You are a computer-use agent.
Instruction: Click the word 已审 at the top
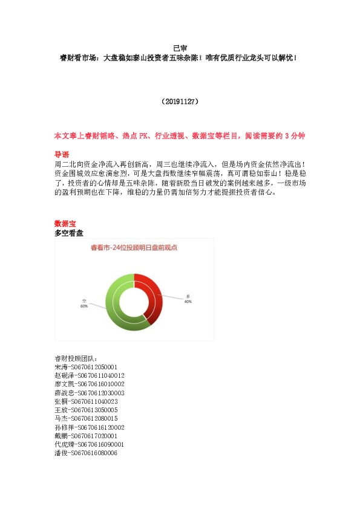click(180, 48)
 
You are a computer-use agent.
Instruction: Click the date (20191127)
click(180, 102)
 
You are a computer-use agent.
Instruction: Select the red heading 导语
click(62, 154)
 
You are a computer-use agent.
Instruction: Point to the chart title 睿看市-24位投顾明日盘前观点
click(134, 247)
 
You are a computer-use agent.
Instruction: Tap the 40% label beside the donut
click(188, 301)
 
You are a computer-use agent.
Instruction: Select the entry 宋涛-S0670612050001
click(85, 367)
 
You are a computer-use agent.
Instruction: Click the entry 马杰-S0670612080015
click(85, 418)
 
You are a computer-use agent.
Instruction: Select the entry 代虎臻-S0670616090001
click(90, 444)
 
